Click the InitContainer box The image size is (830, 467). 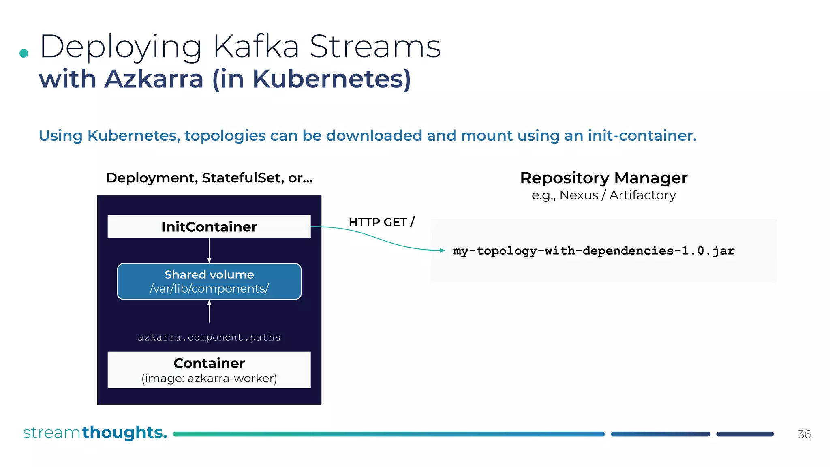[209, 227]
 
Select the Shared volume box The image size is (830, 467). [209, 281]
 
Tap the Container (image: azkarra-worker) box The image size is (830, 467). [209, 370]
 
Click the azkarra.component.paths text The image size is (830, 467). [209, 337]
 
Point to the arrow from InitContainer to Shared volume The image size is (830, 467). [209, 251]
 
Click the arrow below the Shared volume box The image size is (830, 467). [209, 311]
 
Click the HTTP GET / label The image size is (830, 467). [381, 222]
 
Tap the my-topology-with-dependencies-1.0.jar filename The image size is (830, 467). [593, 251]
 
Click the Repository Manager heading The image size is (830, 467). [603, 178]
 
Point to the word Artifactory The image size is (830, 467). [642, 195]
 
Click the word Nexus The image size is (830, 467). [579, 195]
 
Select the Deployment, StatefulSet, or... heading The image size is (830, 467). [209, 178]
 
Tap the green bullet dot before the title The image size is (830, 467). [24, 53]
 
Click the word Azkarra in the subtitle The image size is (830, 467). [154, 79]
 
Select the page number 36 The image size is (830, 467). [804, 435]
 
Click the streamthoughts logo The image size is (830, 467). [95, 433]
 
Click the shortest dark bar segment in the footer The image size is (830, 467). [745, 434]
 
